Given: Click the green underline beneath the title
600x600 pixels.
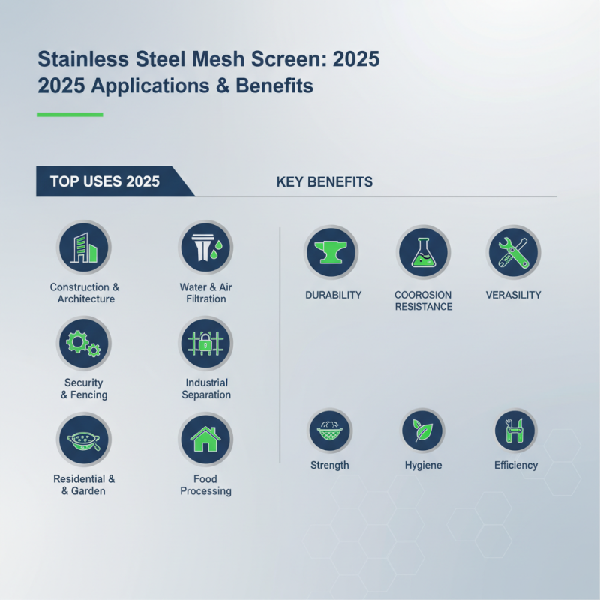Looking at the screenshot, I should pos(70,115).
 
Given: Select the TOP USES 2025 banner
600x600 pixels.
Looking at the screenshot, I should pos(105,181).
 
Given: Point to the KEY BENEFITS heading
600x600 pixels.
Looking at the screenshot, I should pos(325,182).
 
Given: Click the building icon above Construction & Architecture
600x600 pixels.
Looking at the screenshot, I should pos(84,247).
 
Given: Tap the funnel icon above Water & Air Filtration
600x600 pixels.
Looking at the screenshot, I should pos(205,247).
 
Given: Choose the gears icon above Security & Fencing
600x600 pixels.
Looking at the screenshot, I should pos(84,343).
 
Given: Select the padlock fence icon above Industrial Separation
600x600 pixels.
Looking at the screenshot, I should pos(205,343).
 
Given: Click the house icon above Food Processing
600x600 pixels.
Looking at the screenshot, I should pos(205,439).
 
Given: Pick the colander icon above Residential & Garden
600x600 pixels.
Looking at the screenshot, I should pos(84,439).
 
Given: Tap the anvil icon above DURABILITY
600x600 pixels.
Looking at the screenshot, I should pos(331,253).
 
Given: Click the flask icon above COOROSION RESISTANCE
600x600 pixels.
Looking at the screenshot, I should pos(423,253).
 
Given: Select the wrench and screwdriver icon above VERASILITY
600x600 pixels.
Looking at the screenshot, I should pos(513,253).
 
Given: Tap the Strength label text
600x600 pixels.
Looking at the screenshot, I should pos(330,465).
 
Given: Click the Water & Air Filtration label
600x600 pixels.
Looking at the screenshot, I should pos(205,292).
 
